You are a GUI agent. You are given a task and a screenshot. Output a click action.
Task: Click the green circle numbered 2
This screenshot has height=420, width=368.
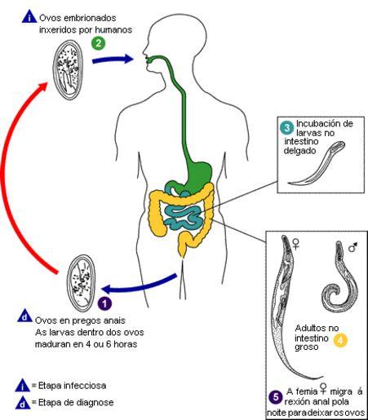tap(99, 43)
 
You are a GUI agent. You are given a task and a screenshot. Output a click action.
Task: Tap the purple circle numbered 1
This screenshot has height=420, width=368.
tap(104, 303)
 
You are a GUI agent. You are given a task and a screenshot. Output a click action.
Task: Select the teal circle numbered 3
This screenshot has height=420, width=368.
tap(287, 127)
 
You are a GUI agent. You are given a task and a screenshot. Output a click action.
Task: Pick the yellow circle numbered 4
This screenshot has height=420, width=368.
tap(340, 340)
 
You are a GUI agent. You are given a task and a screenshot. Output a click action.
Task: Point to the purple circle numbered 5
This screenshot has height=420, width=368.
tap(276, 397)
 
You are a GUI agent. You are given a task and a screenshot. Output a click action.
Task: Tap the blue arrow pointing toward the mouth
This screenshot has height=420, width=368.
tap(113, 60)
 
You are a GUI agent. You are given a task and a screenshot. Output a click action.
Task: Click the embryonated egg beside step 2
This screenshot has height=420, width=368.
tap(68, 69)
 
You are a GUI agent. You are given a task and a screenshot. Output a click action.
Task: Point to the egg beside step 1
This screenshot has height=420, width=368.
tap(82, 283)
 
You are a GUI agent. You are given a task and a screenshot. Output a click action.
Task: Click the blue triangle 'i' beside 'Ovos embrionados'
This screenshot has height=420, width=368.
tap(29, 17)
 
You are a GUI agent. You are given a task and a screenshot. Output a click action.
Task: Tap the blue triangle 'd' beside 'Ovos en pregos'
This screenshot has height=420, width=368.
tap(25, 316)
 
